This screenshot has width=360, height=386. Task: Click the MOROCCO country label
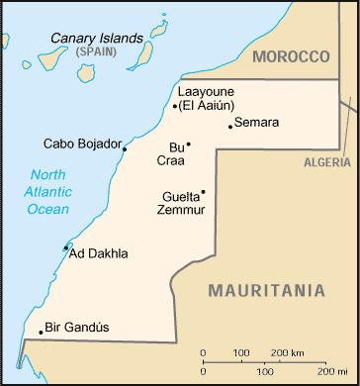(290, 56)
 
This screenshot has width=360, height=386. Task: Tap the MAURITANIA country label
(266, 290)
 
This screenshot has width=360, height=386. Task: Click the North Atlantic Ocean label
(48, 191)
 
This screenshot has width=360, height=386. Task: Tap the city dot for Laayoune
(175, 106)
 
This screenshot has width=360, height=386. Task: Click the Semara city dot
(230, 126)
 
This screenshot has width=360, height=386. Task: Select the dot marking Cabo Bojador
(124, 149)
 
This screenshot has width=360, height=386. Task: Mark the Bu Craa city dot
(188, 145)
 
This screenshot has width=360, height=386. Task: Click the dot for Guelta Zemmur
(203, 192)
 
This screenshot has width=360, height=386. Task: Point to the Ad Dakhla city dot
(66, 247)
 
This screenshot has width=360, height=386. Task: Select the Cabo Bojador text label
(81, 143)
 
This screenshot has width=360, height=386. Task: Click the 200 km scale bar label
(288, 352)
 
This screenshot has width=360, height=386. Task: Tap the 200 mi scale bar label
(318, 372)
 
